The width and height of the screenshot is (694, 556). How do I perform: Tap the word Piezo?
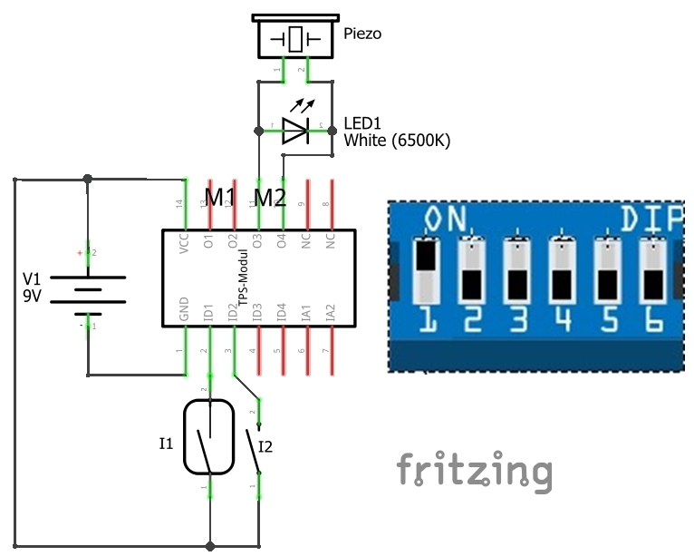click(x=363, y=34)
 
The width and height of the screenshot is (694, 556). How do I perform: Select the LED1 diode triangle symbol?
click(x=295, y=131)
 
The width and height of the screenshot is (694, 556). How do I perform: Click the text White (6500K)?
click(x=397, y=141)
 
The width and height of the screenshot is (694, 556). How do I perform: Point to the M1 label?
click(x=220, y=197)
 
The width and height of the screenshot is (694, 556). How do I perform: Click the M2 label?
click(x=270, y=197)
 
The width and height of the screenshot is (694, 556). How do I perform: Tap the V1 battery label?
click(x=32, y=278)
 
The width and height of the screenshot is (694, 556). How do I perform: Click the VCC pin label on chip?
click(x=185, y=248)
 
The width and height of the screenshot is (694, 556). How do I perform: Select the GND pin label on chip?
click(x=185, y=310)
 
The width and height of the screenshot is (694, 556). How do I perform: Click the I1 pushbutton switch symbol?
click(x=209, y=437)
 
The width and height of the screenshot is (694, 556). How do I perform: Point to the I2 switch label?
click(x=265, y=445)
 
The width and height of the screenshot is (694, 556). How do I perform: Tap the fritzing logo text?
click(x=474, y=472)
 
